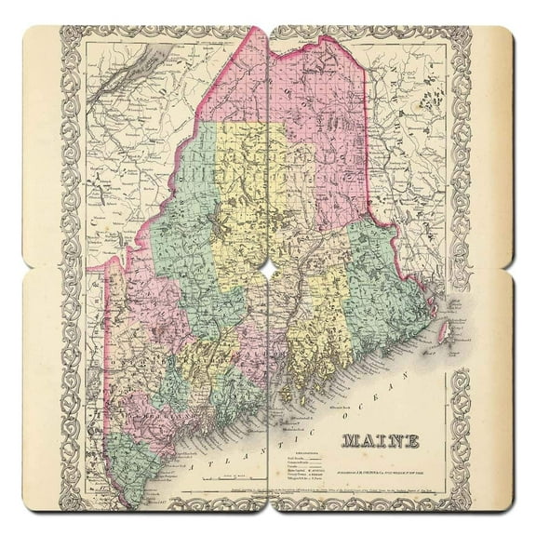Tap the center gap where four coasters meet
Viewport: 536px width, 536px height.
pos(268,268)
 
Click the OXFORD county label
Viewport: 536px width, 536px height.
pos(140,358)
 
